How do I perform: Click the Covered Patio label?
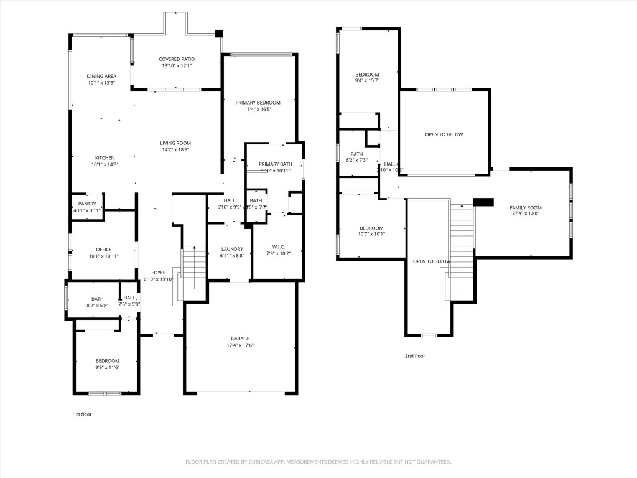pos(177,59)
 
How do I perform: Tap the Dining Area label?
pos(101,76)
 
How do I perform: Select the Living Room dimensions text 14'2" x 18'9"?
pos(175,149)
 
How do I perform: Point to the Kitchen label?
pos(105,157)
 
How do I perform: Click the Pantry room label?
pos(87,204)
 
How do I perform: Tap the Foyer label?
pos(158,273)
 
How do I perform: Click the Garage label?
pos(240,339)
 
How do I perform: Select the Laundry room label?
pos(232,249)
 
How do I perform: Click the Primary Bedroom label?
pos(258,103)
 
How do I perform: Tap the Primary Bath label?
pos(275,164)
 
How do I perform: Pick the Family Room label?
pos(526,207)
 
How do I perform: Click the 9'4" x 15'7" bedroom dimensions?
pos(367,80)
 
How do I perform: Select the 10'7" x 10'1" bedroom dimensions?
pos(372,234)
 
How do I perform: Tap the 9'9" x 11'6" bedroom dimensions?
pos(107,367)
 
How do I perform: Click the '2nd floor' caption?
pos(415,356)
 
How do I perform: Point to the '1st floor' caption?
pos(82,414)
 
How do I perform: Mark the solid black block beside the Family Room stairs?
pos(483,202)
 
